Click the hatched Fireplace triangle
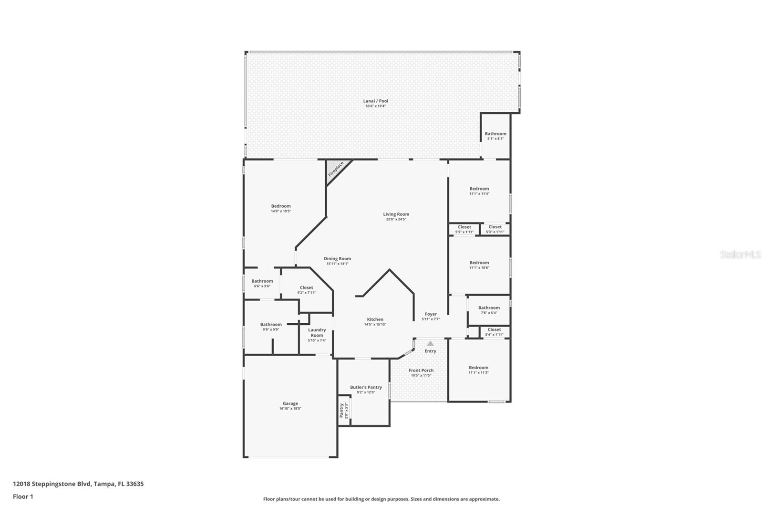[x=335, y=170]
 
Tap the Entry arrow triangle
[x=430, y=343]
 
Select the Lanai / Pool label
[x=376, y=101]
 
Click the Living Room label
[x=396, y=214]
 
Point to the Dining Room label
[x=337, y=259]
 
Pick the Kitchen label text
[x=375, y=319]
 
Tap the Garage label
[x=290, y=403]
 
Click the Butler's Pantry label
[x=366, y=387]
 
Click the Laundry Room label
[x=317, y=332]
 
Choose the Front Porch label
[x=421, y=371]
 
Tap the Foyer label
[x=431, y=314]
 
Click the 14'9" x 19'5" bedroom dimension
[x=281, y=211]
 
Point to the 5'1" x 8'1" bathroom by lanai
[x=495, y=136]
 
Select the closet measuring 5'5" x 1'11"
[x=464, y=229]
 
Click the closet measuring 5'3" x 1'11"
[x=495, y=229]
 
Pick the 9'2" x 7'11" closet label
[x=306, y=290]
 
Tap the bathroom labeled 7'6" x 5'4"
[x=489, y=310]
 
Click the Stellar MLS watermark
[x=741, y=255]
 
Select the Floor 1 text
[x=23, y=497]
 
